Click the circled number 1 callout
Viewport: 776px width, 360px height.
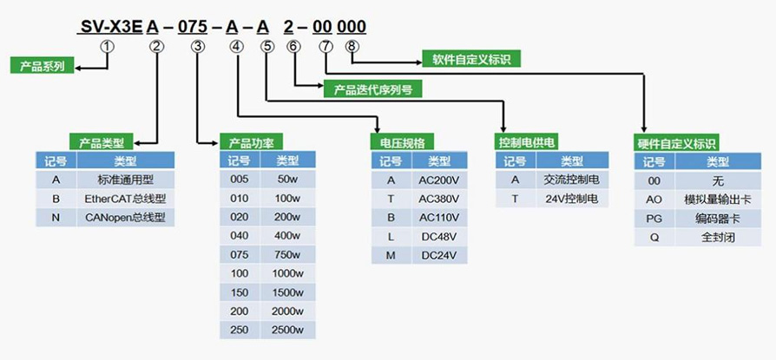[x=107, y=47]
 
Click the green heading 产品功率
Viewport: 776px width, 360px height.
[x=251, y=142]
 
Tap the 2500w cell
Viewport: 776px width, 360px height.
[x=287, y=330]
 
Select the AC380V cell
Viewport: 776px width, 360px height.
[x=438, y=198]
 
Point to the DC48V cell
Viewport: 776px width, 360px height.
[x=438, y=236]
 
